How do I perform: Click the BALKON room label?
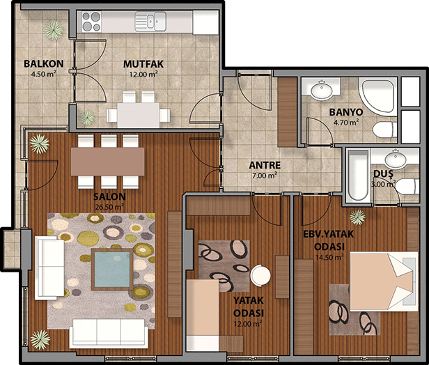point(44,64)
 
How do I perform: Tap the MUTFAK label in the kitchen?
point(143,64)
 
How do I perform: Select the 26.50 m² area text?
point(109,207)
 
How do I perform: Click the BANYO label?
point(346,112)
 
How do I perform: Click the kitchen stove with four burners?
point(91,22)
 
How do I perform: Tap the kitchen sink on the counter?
point(150,22)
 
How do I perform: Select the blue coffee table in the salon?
point(112,270)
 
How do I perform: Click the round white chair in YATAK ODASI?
point(260,275)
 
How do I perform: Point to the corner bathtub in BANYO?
point(377,95)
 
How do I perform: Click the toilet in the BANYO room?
point(385,130)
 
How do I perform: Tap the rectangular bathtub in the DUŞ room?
point(358,175)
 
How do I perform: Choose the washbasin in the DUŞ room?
point(396,160)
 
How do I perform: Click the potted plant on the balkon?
point(54,29)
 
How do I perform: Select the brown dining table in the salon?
point(107,162)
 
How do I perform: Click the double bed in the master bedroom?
point(384,282)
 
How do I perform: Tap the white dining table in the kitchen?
point(139,115)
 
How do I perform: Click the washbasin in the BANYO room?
point(322,90)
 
